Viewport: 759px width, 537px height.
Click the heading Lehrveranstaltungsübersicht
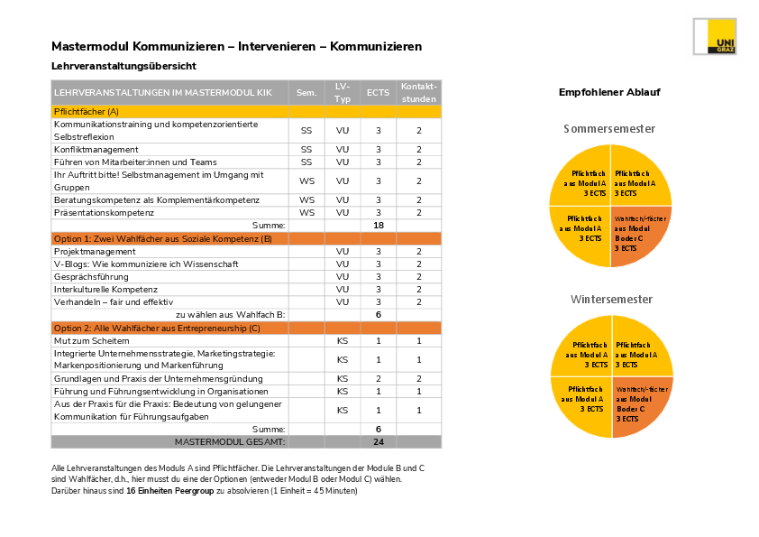point(123,66)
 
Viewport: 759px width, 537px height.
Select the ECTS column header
point(378,92)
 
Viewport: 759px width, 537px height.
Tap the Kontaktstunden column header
point(418,92)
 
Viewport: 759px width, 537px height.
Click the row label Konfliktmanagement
point(96,149)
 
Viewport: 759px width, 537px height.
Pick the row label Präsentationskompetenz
point(104,212)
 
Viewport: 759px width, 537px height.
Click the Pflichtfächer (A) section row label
point(87,111)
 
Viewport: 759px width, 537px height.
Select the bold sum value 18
point(378,225)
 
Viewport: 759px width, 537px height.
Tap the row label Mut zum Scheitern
point(92,340)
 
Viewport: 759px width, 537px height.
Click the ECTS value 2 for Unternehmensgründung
point(378,379)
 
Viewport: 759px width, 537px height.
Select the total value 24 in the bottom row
point(378,442)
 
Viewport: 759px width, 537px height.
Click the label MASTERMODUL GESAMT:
point(230,442)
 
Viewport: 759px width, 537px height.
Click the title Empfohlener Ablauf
point(609,92)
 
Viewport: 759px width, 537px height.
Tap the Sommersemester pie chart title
point(609,129)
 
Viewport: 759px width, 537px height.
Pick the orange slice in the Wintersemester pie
point(640,405)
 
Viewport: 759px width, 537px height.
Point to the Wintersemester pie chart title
point(611,299)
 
